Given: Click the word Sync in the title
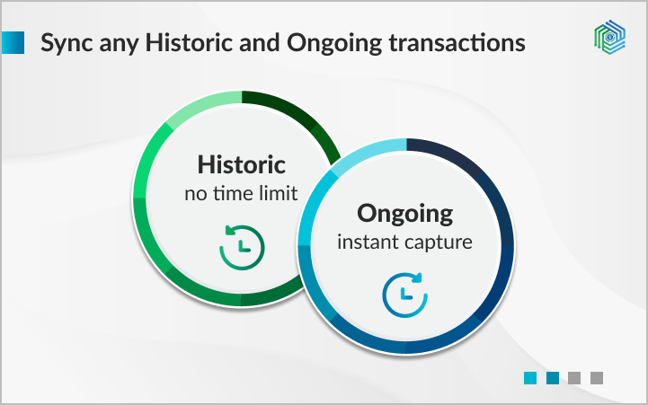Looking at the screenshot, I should tap(65, 43).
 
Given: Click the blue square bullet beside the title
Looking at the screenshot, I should tap(13, 43).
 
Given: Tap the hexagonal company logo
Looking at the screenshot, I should tap(610, 37).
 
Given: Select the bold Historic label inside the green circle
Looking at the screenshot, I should tap(241, 165).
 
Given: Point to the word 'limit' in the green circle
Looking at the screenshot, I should tap(278, 193).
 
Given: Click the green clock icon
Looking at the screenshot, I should tap(241, 243).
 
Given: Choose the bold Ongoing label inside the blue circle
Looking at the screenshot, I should tap(404, 214).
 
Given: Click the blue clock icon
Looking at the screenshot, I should tap(404, 292).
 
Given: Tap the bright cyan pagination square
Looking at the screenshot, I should tap(530, 378).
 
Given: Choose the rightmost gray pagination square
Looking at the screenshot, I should tap(596, 378).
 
